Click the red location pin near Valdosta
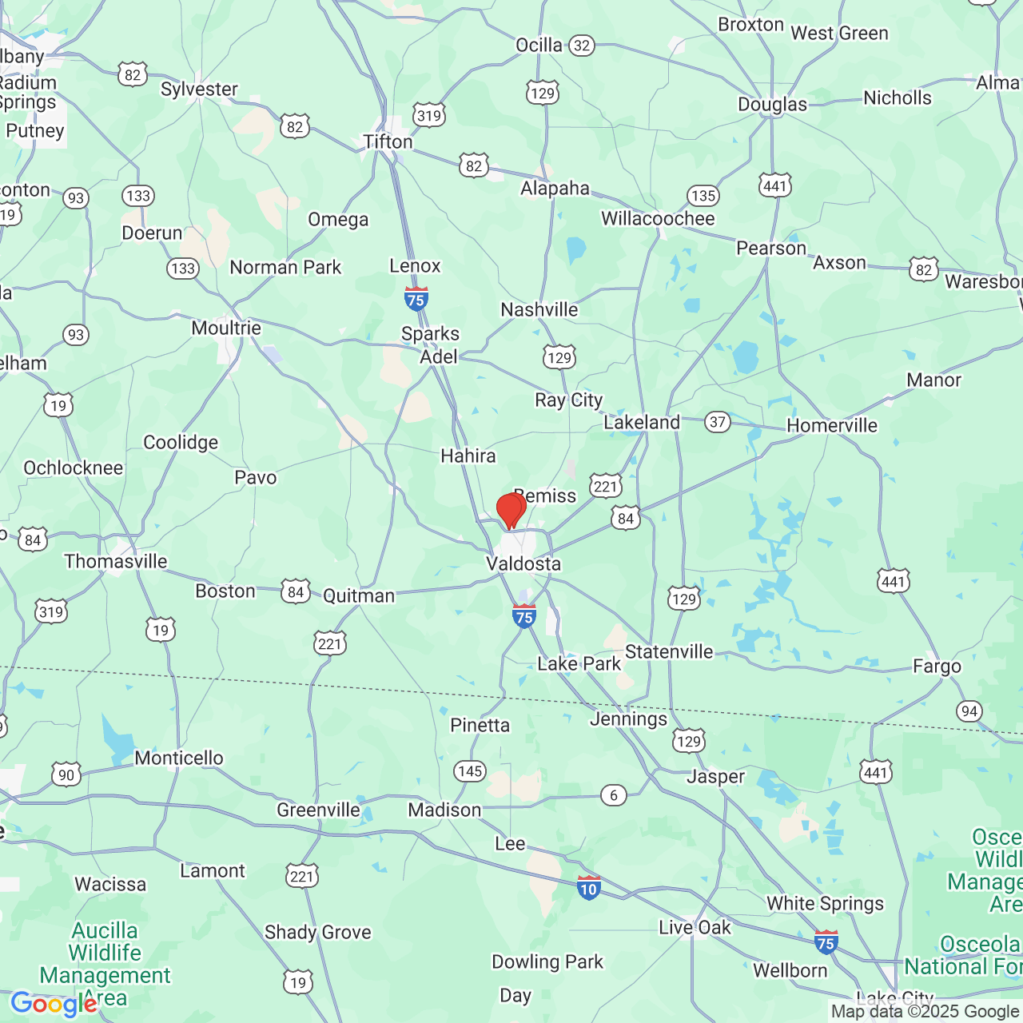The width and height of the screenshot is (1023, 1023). tap(510, 510)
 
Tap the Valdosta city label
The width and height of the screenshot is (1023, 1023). tap(523, 564)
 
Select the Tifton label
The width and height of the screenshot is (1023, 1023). tap(388, 141)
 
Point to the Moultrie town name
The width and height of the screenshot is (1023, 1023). tap(226, 328)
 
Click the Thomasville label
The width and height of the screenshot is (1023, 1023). tap(116, 561)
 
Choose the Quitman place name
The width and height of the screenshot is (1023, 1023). tap(359, 596)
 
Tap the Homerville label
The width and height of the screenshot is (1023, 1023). tap(832, 426)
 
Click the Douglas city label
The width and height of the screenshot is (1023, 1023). tap(772, 105)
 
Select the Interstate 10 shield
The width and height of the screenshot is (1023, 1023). tap(589, 887)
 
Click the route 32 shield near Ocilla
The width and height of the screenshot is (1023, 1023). tap(582, 46)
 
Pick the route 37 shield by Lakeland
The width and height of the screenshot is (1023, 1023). tap(718, 422)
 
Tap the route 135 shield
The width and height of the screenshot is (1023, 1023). tap(703, 196)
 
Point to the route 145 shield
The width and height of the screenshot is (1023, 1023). tap(470, 771)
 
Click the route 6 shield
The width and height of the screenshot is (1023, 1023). tap(614, 795)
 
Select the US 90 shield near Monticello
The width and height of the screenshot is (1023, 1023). tap(66, 774)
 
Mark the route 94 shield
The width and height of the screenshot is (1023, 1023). tap(969, 711)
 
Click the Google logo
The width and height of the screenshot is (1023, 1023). tap(53, 1004)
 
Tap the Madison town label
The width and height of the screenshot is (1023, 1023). tap(444, 810)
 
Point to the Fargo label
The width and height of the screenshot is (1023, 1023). tap(937, 667)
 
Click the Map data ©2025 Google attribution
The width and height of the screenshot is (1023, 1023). tap(925, 1012)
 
